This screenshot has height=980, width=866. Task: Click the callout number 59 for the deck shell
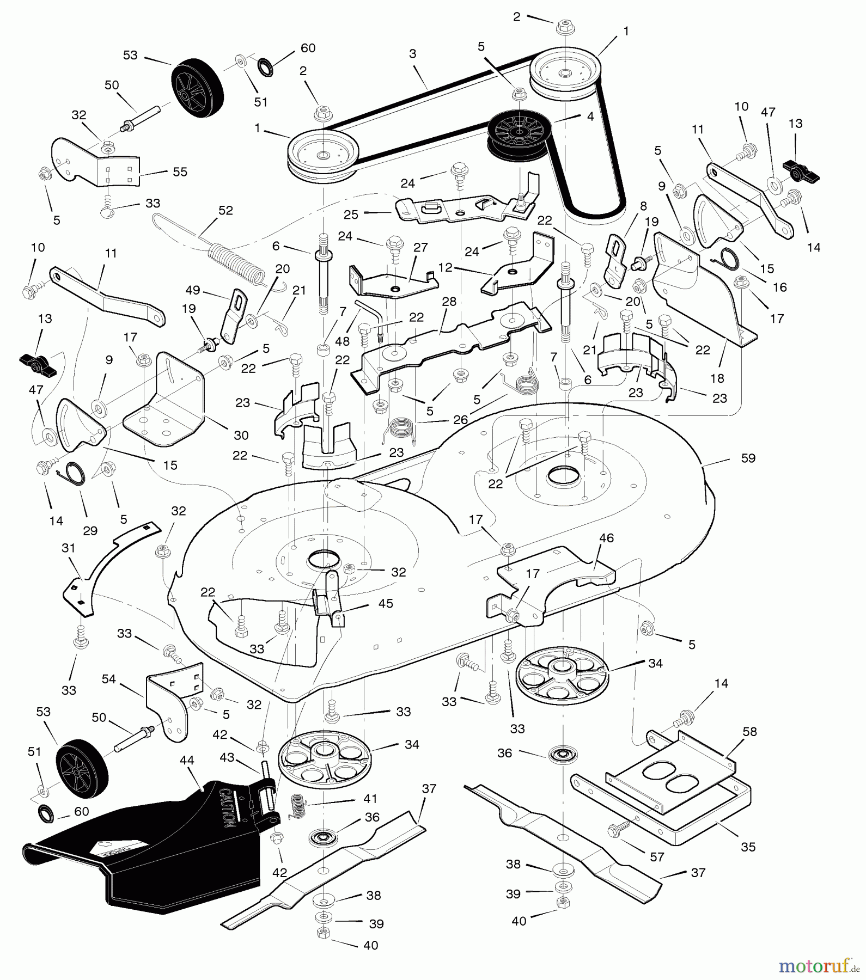click(x=748, y=458)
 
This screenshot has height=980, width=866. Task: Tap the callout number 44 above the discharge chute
click(x=187, y=759)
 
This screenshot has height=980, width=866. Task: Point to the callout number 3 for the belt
click(x=412, y=53)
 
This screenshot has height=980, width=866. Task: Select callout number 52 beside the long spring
click(x=225, y=210)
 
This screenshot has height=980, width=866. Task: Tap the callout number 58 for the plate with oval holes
click(x=749, y=731)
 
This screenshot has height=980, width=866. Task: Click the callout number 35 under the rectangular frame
click(x=748, y=847)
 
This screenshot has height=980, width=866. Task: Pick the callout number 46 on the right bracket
click(x=606, y=538)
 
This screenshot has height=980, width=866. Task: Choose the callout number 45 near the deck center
click(x=385, y=603)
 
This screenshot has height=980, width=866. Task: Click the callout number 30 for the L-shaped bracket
click(x=241, y=435)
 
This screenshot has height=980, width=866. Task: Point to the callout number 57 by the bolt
click(x=657, y=856)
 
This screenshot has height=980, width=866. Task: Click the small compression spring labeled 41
click(x=297, y=804)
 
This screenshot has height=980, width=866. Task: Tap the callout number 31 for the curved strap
click(x=69, y=548)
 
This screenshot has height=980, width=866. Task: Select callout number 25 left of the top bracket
click(x=351, y=215)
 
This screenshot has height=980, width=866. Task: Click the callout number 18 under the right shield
click(x=717, y=378)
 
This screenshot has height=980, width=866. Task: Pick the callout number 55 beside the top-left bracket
click(x=180, y=171)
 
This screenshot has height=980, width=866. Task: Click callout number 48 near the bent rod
click(x=342, y=341)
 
